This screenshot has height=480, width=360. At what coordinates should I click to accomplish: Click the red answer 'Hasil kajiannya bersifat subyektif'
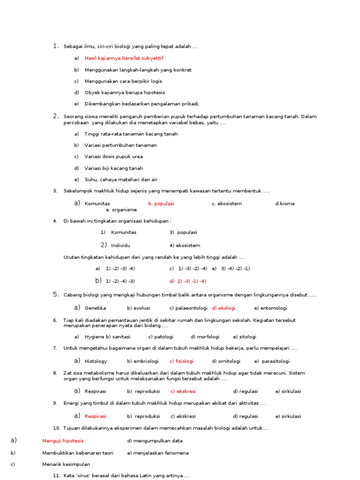124,58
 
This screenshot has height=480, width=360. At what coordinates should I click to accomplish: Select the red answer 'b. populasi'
161,203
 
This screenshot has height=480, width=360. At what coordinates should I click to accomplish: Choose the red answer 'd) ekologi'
224,308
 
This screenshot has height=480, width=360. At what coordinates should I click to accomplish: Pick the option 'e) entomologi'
270,308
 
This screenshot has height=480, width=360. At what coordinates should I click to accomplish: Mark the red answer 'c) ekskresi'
183,391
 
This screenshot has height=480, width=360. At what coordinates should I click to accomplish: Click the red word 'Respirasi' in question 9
95,416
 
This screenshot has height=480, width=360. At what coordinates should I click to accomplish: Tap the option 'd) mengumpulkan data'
155,441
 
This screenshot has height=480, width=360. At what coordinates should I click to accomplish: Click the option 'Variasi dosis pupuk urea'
113,157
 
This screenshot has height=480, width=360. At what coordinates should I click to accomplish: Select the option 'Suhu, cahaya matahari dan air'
121,180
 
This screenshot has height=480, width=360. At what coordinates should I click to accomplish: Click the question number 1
56,46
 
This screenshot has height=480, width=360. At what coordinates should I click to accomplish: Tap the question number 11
57,476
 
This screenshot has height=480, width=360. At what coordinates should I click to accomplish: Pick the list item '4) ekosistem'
185,245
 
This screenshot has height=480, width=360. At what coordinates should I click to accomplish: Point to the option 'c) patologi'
161,337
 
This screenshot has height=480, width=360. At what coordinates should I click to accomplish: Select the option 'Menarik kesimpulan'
66,464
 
